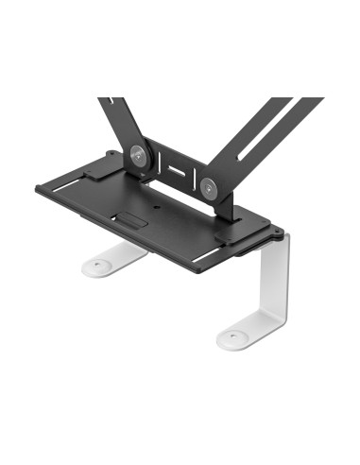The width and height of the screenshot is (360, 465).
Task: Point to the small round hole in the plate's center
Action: coord(155,207)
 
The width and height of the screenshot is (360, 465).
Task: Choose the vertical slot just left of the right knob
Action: coord(193,178)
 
